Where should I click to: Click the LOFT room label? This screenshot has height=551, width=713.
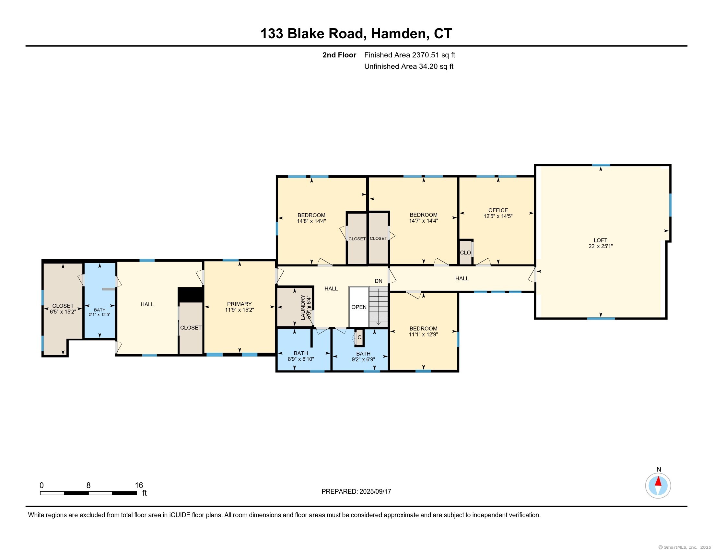coord(600,240)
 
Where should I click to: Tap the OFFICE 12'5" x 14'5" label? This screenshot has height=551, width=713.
coord(498,213)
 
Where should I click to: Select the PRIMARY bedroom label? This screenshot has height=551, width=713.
coord(239,304)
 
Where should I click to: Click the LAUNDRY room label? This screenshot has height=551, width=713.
coord(303,308)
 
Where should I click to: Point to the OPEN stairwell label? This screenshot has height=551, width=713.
coord(359,307)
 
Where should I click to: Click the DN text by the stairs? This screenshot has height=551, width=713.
coord(378,281)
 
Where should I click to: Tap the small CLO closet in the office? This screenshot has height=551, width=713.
coord(465,253)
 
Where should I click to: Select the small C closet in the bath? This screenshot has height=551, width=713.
coord(359,337)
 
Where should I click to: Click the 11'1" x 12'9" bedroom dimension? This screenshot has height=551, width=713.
coord(424,334)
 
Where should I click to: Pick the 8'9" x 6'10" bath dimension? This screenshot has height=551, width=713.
coord(301,359)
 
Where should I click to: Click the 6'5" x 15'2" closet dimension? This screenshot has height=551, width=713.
coord(63,312)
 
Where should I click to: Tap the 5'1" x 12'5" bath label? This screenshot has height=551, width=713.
coord(99,315)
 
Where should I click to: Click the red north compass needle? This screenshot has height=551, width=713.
coord(658,482)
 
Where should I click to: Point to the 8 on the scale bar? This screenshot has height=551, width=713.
coord(88,486)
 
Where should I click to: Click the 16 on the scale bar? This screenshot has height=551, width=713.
coord(139,486)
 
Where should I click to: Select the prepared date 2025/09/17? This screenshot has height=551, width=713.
coord(375,492)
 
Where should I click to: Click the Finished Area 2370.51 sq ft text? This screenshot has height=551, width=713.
coord(409,55)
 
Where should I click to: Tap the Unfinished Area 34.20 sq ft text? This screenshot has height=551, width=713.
coord(409,66)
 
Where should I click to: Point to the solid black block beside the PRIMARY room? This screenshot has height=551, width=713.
coord(191,295)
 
